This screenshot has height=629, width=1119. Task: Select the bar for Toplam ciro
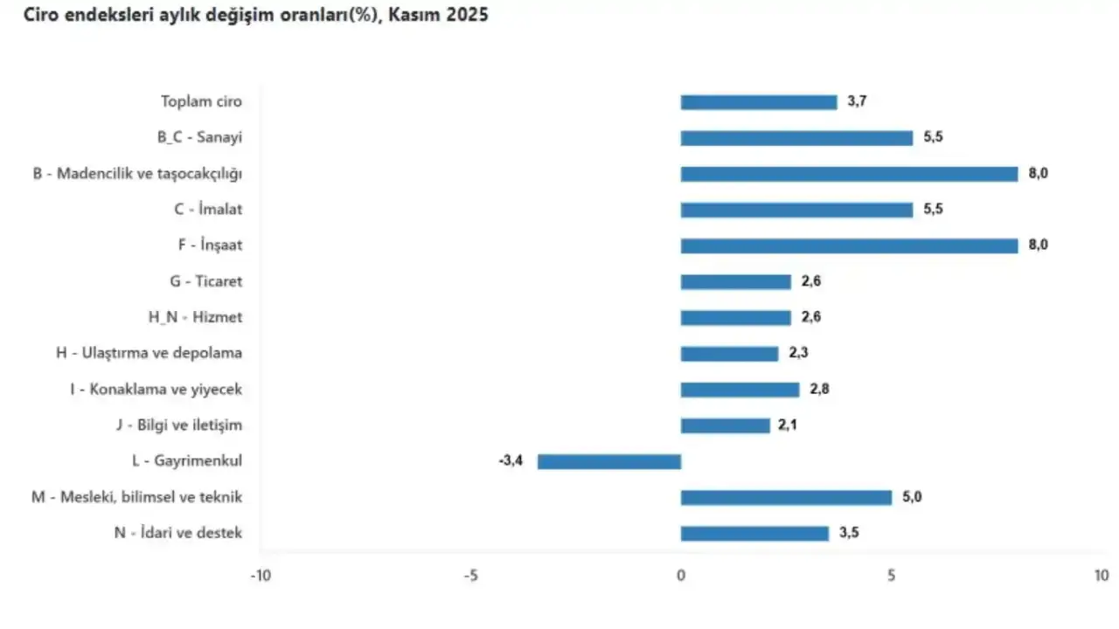pyautogui.click(x=759, y=102)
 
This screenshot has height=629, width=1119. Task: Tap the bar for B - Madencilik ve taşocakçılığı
pyautogui.click(x=849, y=174)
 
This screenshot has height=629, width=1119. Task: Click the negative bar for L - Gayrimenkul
pyautogui.click(x=608, y=461)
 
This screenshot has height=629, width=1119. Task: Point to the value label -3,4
pyautogui.click(x=511, y=461)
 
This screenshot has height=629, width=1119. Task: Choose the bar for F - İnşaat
pyautogui.click(x=849, y=245)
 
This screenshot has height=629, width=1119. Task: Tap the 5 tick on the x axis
pyautogui.click(x=891, y=576)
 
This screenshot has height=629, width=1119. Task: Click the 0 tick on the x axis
pyautogui.click(x=680, y=576)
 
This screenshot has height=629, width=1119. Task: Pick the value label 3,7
pyautogui.click(x=858, y=102)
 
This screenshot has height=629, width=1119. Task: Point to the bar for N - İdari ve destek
pyautogui.click(x=754, y=533)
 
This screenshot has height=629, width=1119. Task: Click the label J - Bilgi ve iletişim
pyautogui.click(x=178, y=425)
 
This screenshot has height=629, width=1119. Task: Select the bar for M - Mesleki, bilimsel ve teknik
pyautogui.click(x=786, y=497)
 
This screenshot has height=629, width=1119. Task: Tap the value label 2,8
pyautogui.click(x=819, y=390)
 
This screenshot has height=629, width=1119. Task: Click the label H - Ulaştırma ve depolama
pyautogui.click(x=149, y=353)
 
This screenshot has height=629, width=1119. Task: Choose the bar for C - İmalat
pyautogui.click(x=796, y=210)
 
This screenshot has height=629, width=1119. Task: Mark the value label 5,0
pyautogui.click(x=912, y=497)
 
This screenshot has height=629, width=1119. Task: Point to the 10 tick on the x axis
pyautogui.click(x=1101, y=576)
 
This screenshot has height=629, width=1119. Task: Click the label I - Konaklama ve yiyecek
pyautogui.click(x=156, y=390)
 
